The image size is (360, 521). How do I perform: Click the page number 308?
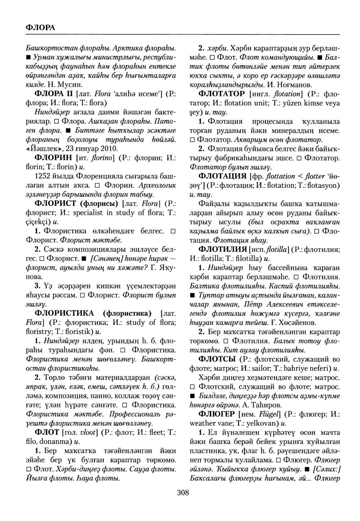click(x=183, y=493)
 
